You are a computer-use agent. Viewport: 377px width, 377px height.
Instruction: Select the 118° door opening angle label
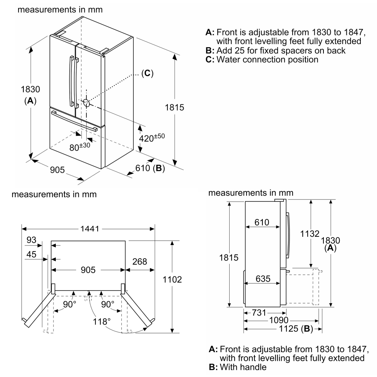(x=102, y=321)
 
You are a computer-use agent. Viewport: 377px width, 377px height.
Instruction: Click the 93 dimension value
(x=32, y=240)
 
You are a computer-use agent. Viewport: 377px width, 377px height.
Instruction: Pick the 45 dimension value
(x=32, y=254)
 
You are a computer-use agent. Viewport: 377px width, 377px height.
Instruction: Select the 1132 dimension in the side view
(x=310, y=234)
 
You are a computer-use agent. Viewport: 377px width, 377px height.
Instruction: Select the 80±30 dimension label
(x=80, y=146)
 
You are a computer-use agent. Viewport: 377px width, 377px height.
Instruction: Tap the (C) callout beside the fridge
(x=147, y=73)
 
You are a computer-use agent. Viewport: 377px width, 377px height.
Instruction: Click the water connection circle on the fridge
(x=86, y=103)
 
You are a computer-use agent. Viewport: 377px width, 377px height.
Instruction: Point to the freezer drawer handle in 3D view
(x=75, y=121)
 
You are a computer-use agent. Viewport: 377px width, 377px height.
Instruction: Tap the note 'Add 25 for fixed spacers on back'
(x=275, y=50)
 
